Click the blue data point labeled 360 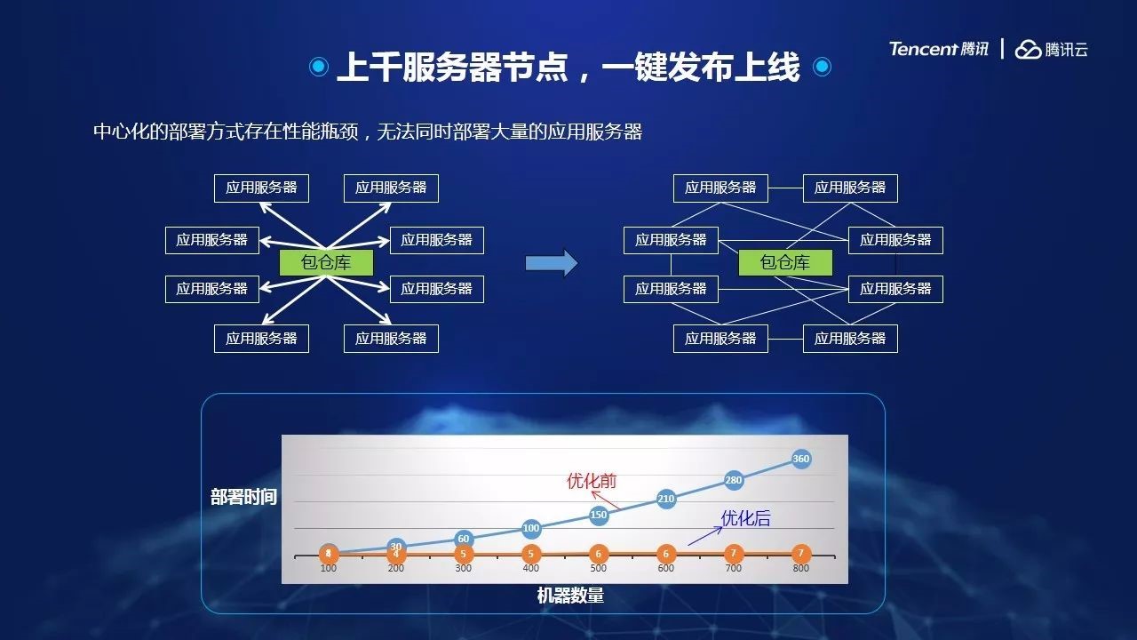point(800,459)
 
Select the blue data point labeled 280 point(734,480)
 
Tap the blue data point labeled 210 point(666,499)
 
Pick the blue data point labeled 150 point(599,515)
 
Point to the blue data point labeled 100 point(531,528)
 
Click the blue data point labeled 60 point(464,539)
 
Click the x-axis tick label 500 point(599,568)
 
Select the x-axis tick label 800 point(800,568)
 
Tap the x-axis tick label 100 point(329,568)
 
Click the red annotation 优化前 point(592,481)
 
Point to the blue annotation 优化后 point(745,518)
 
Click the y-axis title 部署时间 point(243,497)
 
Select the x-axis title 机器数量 point(570,596)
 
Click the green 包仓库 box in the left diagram point(326,262)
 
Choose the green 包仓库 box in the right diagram point(785,262)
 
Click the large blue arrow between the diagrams point(552,263)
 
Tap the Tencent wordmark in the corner point(923,49)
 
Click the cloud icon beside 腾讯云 point(1028,50)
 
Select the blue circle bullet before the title point(319,67)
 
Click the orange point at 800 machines point(800,553)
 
